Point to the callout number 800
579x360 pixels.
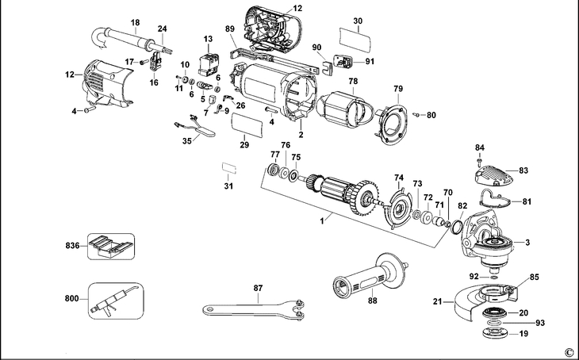coord(71,299)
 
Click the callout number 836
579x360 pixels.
coord(71,246)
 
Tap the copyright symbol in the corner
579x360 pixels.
coord(568,351)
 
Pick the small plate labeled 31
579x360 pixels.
coord(229,168)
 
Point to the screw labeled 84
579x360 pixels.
coord(479,159)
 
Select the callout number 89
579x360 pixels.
coord(230,29)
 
